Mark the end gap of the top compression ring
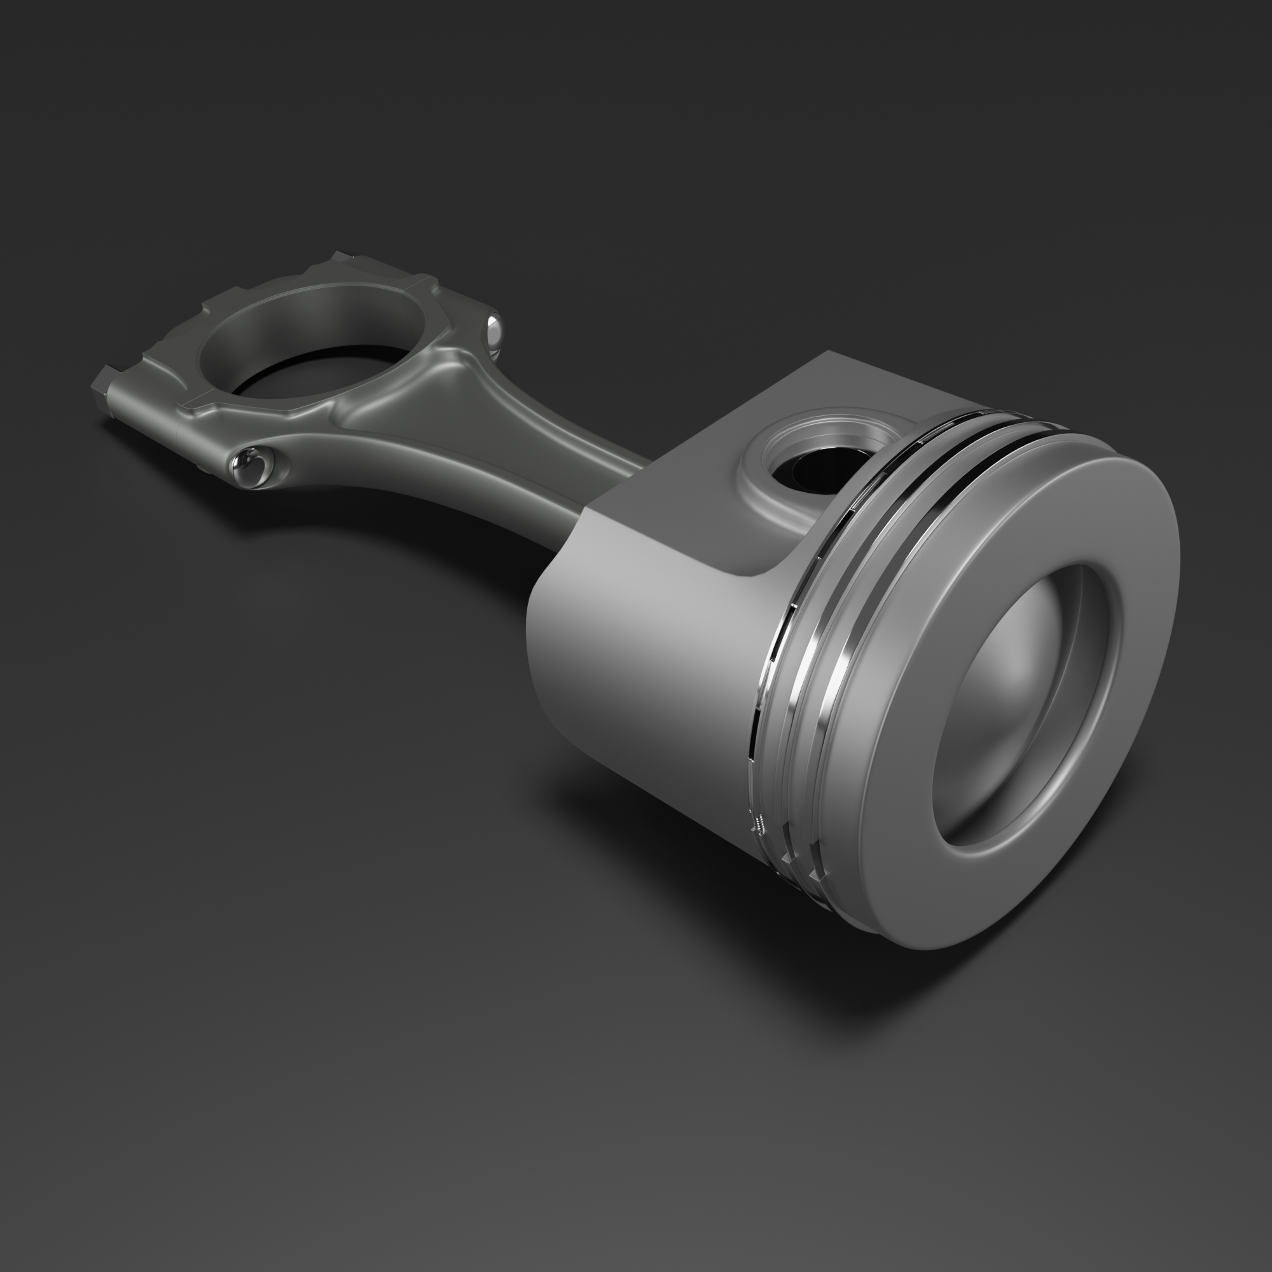(817, 876)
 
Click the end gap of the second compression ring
(787, 859)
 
